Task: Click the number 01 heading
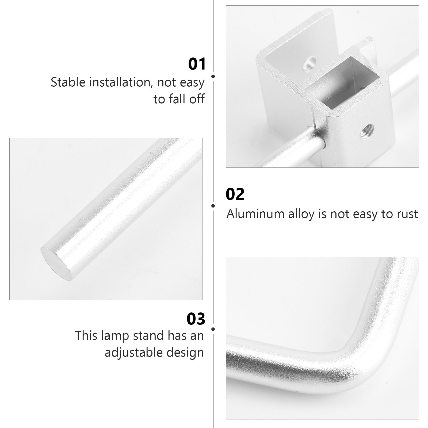197,64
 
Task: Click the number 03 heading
196,319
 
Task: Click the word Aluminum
255,214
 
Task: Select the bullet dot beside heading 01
213,76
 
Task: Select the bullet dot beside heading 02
213,206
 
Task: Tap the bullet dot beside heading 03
213,329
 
